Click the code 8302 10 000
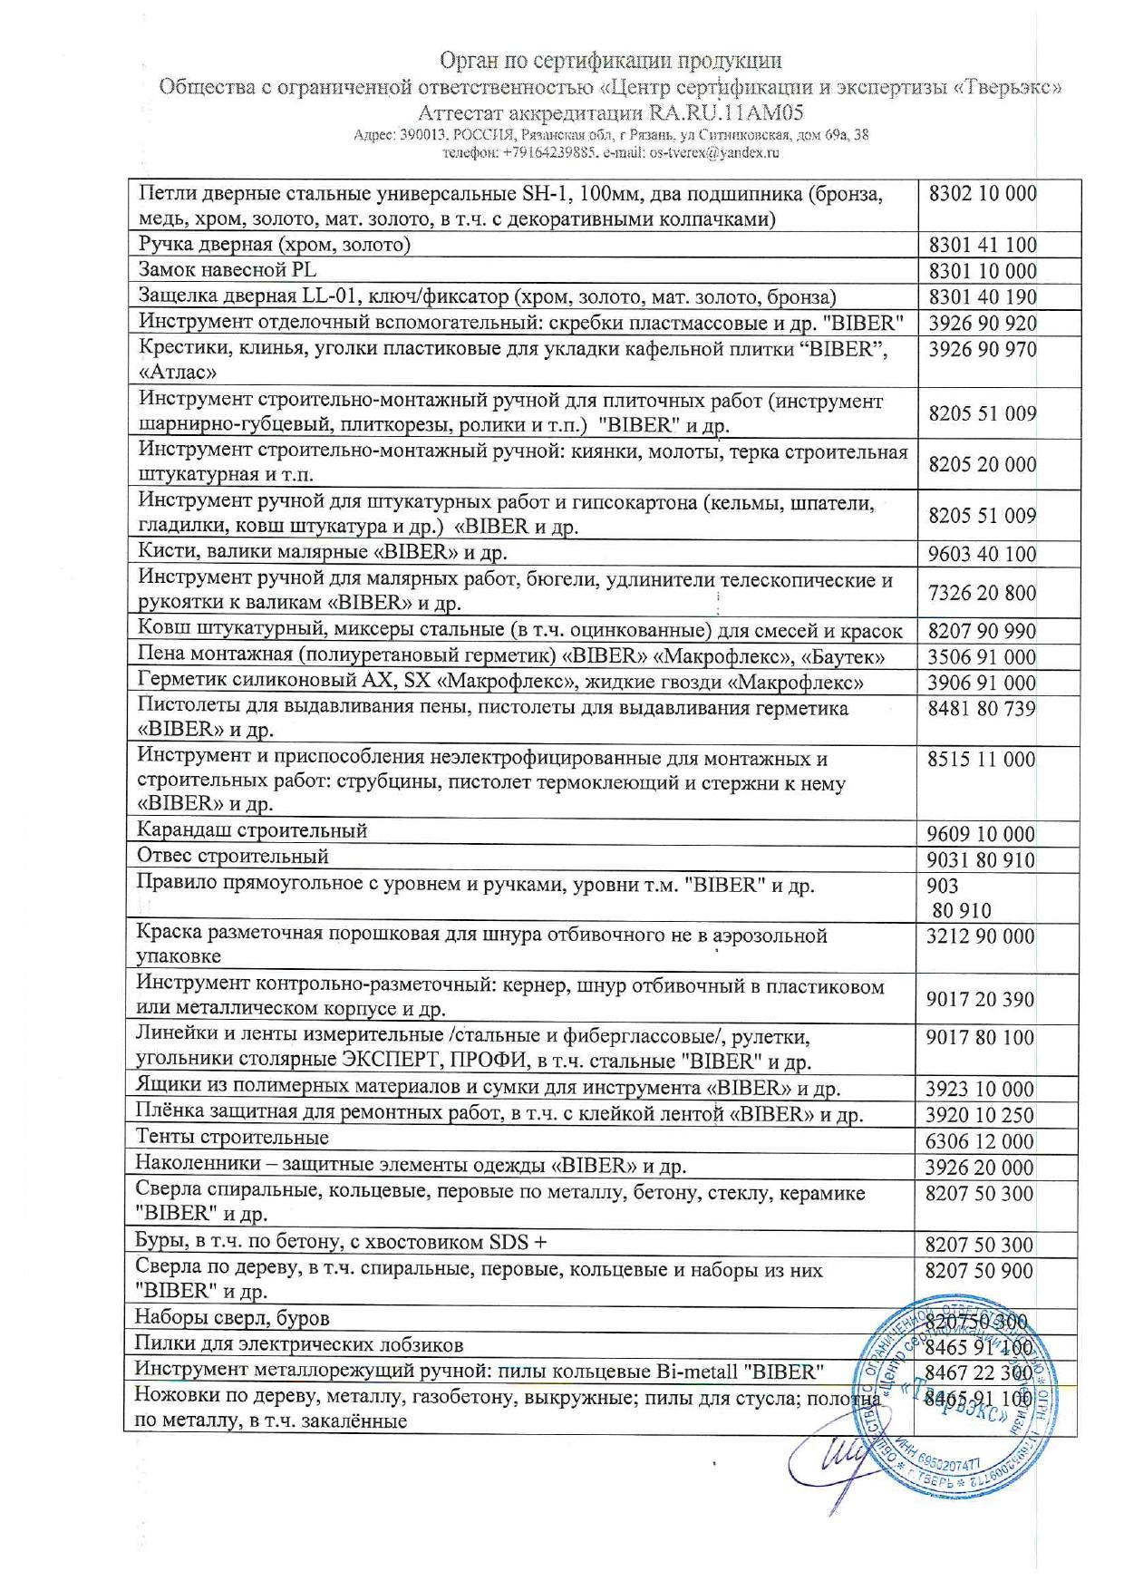point(982,194)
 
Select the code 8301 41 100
point(982,245)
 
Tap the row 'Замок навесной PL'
point(227,270)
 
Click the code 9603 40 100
point(982,554)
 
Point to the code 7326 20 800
point(982,594)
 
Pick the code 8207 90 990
point(982,632)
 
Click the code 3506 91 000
point(982,657)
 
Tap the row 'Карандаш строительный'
point(252,830)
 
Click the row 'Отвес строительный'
point(232,857)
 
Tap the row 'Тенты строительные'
point(232,1138)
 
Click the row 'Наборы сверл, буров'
point(232,1318)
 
